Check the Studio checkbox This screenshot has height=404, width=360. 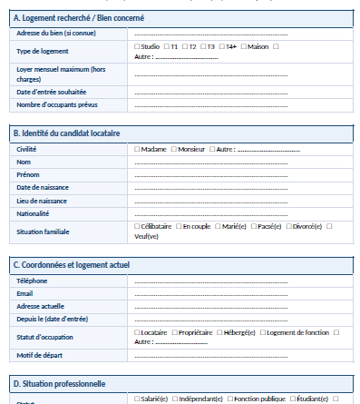tap(137, 46)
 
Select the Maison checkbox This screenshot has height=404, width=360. tap(244, 46)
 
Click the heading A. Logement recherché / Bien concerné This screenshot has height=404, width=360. tap(78, 18)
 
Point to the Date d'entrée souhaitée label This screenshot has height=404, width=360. tap(49, 92)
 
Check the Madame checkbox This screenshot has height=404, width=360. tap(137, 149)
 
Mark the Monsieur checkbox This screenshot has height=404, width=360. tap(175, 149)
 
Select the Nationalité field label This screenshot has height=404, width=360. tap(33, 213)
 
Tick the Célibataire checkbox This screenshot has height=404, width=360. tap(137, 226)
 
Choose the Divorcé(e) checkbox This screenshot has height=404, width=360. tap(288, 226)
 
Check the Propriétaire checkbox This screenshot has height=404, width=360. tap(175, 333)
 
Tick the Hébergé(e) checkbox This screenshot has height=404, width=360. tap(219, 333)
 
